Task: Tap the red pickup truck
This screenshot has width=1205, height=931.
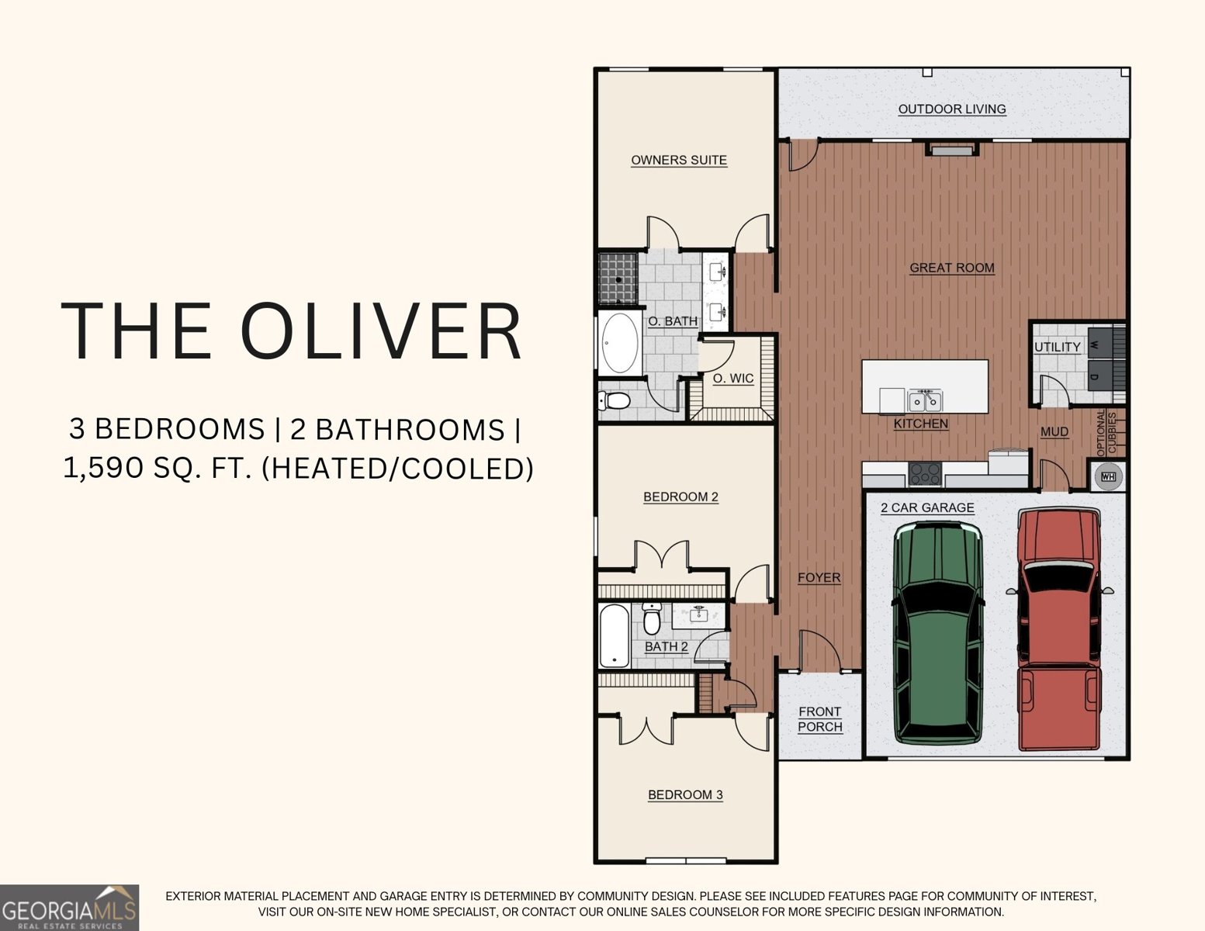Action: pos(1059,630)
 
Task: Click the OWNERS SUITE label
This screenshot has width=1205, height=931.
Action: pos(679,161)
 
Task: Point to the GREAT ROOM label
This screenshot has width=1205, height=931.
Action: pos(951,268)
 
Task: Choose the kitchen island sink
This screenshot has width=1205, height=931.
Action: pos(925,400)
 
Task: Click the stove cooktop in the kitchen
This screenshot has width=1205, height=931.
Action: pos(925,474)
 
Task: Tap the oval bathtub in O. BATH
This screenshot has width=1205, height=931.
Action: pos(619,343)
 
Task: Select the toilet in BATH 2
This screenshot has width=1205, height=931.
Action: pos(652,618)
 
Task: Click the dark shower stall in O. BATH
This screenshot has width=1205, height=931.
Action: pos(618,278)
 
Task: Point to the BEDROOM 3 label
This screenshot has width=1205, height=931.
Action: pos(685,794)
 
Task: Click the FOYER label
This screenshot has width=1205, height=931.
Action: pos(819,578)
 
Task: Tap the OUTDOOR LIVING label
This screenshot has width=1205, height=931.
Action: pos(951,109)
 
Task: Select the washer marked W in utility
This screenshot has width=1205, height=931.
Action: pos(1099,345)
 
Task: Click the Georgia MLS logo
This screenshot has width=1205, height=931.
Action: pos(69,907)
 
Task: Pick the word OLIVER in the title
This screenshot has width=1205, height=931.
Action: pos(381,331)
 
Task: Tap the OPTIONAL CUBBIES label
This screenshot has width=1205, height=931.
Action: pos(1106,433)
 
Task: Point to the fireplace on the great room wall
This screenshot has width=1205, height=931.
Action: pos(951,150)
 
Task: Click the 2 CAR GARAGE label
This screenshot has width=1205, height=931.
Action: pos(927,508)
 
